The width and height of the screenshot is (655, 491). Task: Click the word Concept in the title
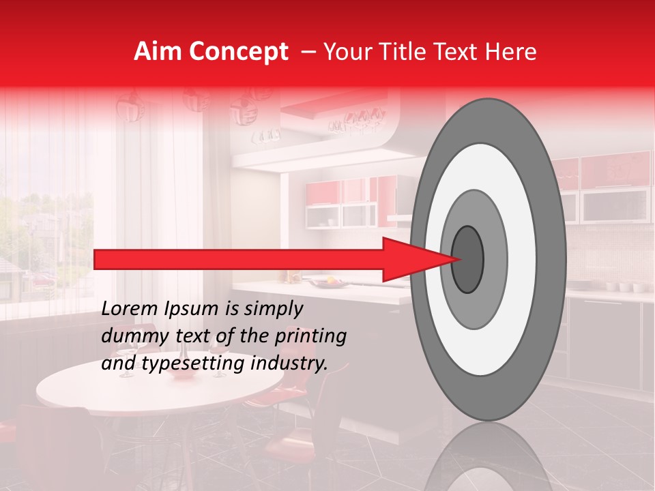(238, 52)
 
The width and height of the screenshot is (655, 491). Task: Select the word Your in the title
(344, 52)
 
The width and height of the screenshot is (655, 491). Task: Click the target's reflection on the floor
(488, 457)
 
